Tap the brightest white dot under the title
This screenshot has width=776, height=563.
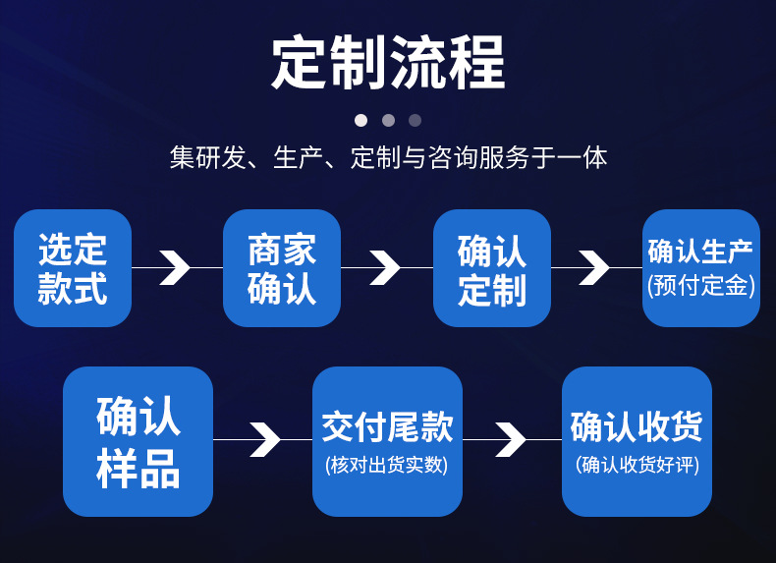[x=360, y=120]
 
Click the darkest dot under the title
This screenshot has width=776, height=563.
[x=415, y=120]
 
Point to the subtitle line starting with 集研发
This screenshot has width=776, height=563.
[x=388, y=157]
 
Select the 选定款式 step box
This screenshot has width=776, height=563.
[x=73, y=268]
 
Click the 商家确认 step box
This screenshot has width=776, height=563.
[x=282, y=268]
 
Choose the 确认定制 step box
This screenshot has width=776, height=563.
[x=492, y=268]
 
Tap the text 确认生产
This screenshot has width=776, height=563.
[x=700, y=252]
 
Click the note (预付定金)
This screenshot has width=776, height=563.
[x=700, y=286]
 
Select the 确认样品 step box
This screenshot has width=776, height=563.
[x=139, y=441]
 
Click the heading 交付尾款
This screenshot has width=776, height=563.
[x=387, y=427]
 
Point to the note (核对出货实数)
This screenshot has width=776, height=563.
[x=387, y=465]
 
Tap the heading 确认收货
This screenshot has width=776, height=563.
[x=637, y=427]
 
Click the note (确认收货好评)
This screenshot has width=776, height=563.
[x=637, y=465]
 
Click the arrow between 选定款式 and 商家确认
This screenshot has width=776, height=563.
[x=175, y=267]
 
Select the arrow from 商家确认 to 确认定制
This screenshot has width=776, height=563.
[x=384, y=267]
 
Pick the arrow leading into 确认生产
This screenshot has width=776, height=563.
[x=594, y=267]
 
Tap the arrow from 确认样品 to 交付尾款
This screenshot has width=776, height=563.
[x=264, y=439]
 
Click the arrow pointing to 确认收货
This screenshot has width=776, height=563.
[x=511, y=439]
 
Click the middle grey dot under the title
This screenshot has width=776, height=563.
[x=388, y=120]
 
